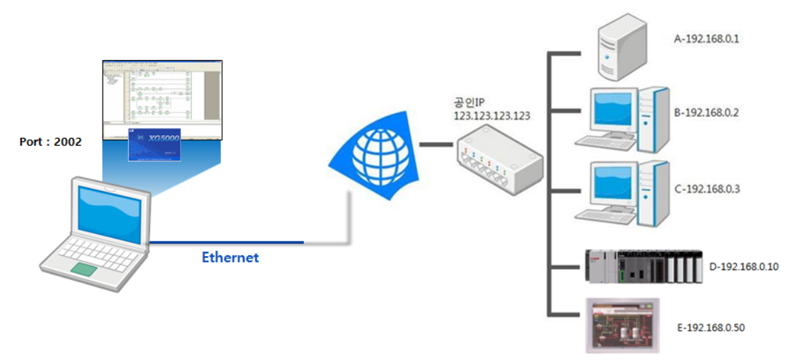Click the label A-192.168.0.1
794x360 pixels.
706,39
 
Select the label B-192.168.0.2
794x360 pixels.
706,112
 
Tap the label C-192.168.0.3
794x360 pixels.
706,189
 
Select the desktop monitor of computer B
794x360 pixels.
609,110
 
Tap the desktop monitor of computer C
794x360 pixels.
609,186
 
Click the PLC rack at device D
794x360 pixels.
644,266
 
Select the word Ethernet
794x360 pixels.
230,257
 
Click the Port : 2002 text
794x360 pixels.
50,142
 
